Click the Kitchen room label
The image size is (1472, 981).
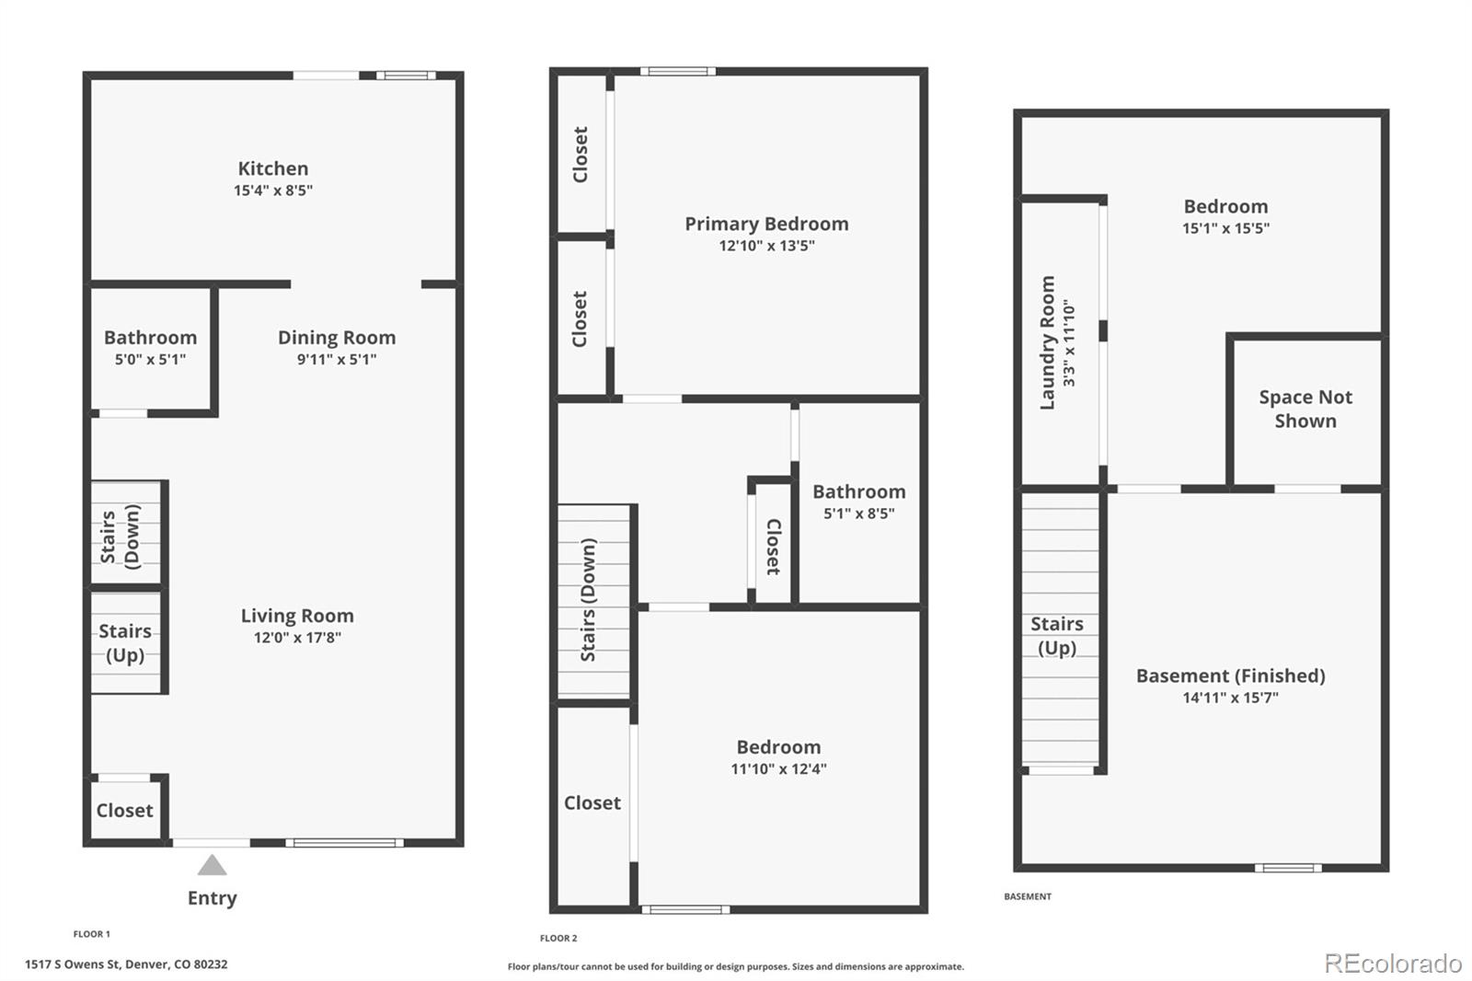[x=273, y=168]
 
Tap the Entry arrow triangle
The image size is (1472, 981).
[x=213, y=865]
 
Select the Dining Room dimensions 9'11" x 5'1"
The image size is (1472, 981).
[x=337, y=360]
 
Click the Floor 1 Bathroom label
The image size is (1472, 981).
[x=150, y=338]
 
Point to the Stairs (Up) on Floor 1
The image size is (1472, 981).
[x=125, y=642]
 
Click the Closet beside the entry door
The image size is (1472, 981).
[x=125, y=810]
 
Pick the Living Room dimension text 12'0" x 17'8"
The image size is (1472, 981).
[x=297, y=638]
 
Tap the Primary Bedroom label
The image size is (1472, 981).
[x=766, y=224]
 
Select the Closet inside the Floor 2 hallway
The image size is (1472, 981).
[x=773, y=547]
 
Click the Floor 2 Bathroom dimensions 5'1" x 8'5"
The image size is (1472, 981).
[x=858, y=514]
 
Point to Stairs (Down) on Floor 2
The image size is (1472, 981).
[x=589, y=600]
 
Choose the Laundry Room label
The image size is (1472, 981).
[x=1047, y=342]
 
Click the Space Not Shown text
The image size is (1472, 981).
[x=1305, y=409]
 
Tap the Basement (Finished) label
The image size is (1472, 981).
[x=1230, y=675]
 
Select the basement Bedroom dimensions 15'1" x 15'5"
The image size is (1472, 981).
[x=1225, y=228]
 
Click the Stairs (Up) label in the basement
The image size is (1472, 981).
[x=1057, y=635]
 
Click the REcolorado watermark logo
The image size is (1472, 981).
[x=1393, y=964]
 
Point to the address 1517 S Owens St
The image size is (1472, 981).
[x=126, y=964]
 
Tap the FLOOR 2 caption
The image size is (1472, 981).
[x=558, y=939]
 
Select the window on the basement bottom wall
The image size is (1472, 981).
[x=1288, y=868]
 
